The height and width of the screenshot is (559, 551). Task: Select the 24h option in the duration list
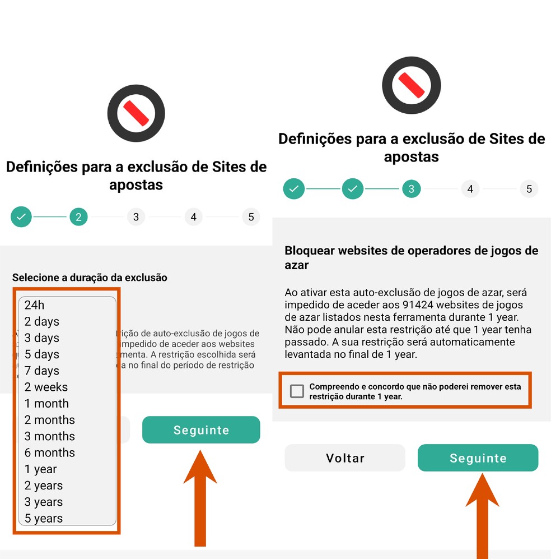click(x=35, y=305)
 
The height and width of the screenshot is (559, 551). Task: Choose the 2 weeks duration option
click(x=46, y=387)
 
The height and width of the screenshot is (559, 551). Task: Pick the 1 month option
click(x=46, y=403)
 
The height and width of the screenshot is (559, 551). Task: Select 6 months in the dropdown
click(x=49, y=452)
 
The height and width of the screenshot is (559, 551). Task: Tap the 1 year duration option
click(x=40, y=469)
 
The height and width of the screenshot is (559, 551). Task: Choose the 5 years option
click(x=44, y=519)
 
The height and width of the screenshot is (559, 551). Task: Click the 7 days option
click(x=41, y=371)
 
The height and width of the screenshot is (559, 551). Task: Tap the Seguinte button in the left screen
click(x=201, y=430)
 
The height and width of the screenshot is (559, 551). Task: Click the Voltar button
click(x=345, y=458)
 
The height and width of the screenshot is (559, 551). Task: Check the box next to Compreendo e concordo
click(x=297, y=391)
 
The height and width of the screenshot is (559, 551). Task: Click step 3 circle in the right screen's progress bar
click(x=411, y=189)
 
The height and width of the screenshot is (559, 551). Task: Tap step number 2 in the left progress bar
click(x=78, y=217)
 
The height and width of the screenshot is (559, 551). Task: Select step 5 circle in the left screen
click(x=251, y=217)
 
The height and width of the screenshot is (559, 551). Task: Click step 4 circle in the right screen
click(x=470, y=189)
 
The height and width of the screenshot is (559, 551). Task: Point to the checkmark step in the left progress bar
click(x=21, y=217)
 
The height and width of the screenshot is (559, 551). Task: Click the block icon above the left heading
click(x=136, y=114)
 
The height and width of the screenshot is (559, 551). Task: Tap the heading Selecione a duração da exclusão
click(x=90, y=277)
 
